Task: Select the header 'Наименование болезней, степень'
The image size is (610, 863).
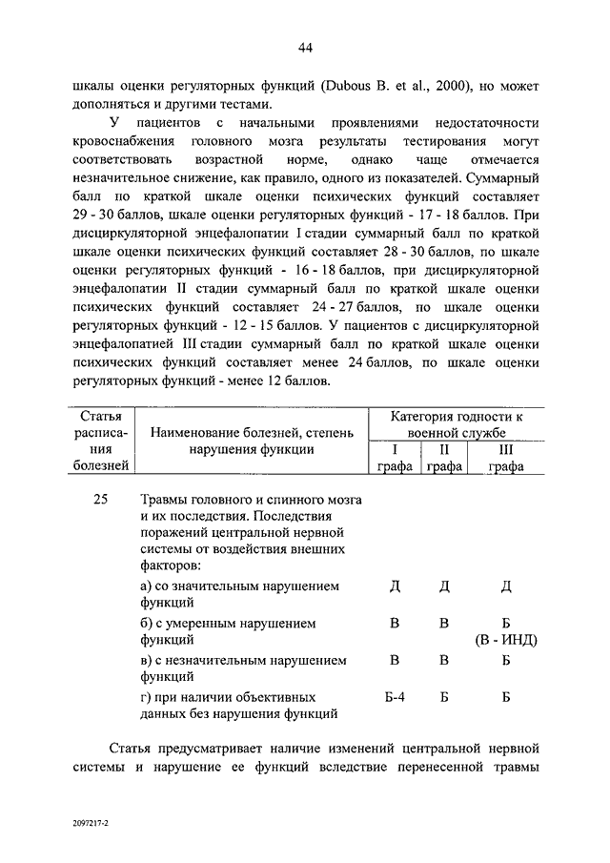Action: (x=252, y=433)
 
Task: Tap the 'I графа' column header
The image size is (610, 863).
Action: (x=394, y=458)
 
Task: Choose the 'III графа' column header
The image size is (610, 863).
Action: (x=506, y=458)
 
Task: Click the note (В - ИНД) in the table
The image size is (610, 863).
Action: (x=505, y=640)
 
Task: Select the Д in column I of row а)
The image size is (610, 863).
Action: (x=395, y=586)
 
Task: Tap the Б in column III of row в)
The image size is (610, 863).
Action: (x=506, y=660)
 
